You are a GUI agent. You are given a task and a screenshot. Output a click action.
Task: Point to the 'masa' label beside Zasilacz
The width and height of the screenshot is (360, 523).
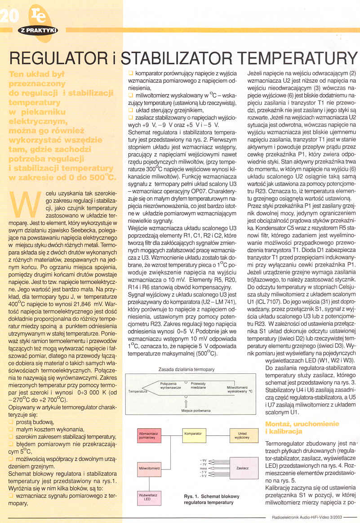(203, 468)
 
